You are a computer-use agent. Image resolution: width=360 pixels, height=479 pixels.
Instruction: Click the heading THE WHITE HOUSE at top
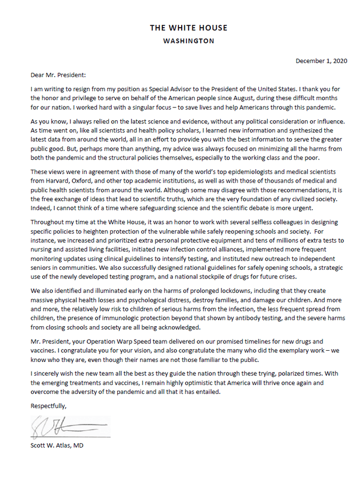[x=189, y=28]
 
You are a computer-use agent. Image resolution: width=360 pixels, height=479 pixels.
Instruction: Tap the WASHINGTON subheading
[x=189, y=40]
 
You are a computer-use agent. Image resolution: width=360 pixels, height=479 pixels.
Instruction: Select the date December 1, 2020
[x=321, y=61]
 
